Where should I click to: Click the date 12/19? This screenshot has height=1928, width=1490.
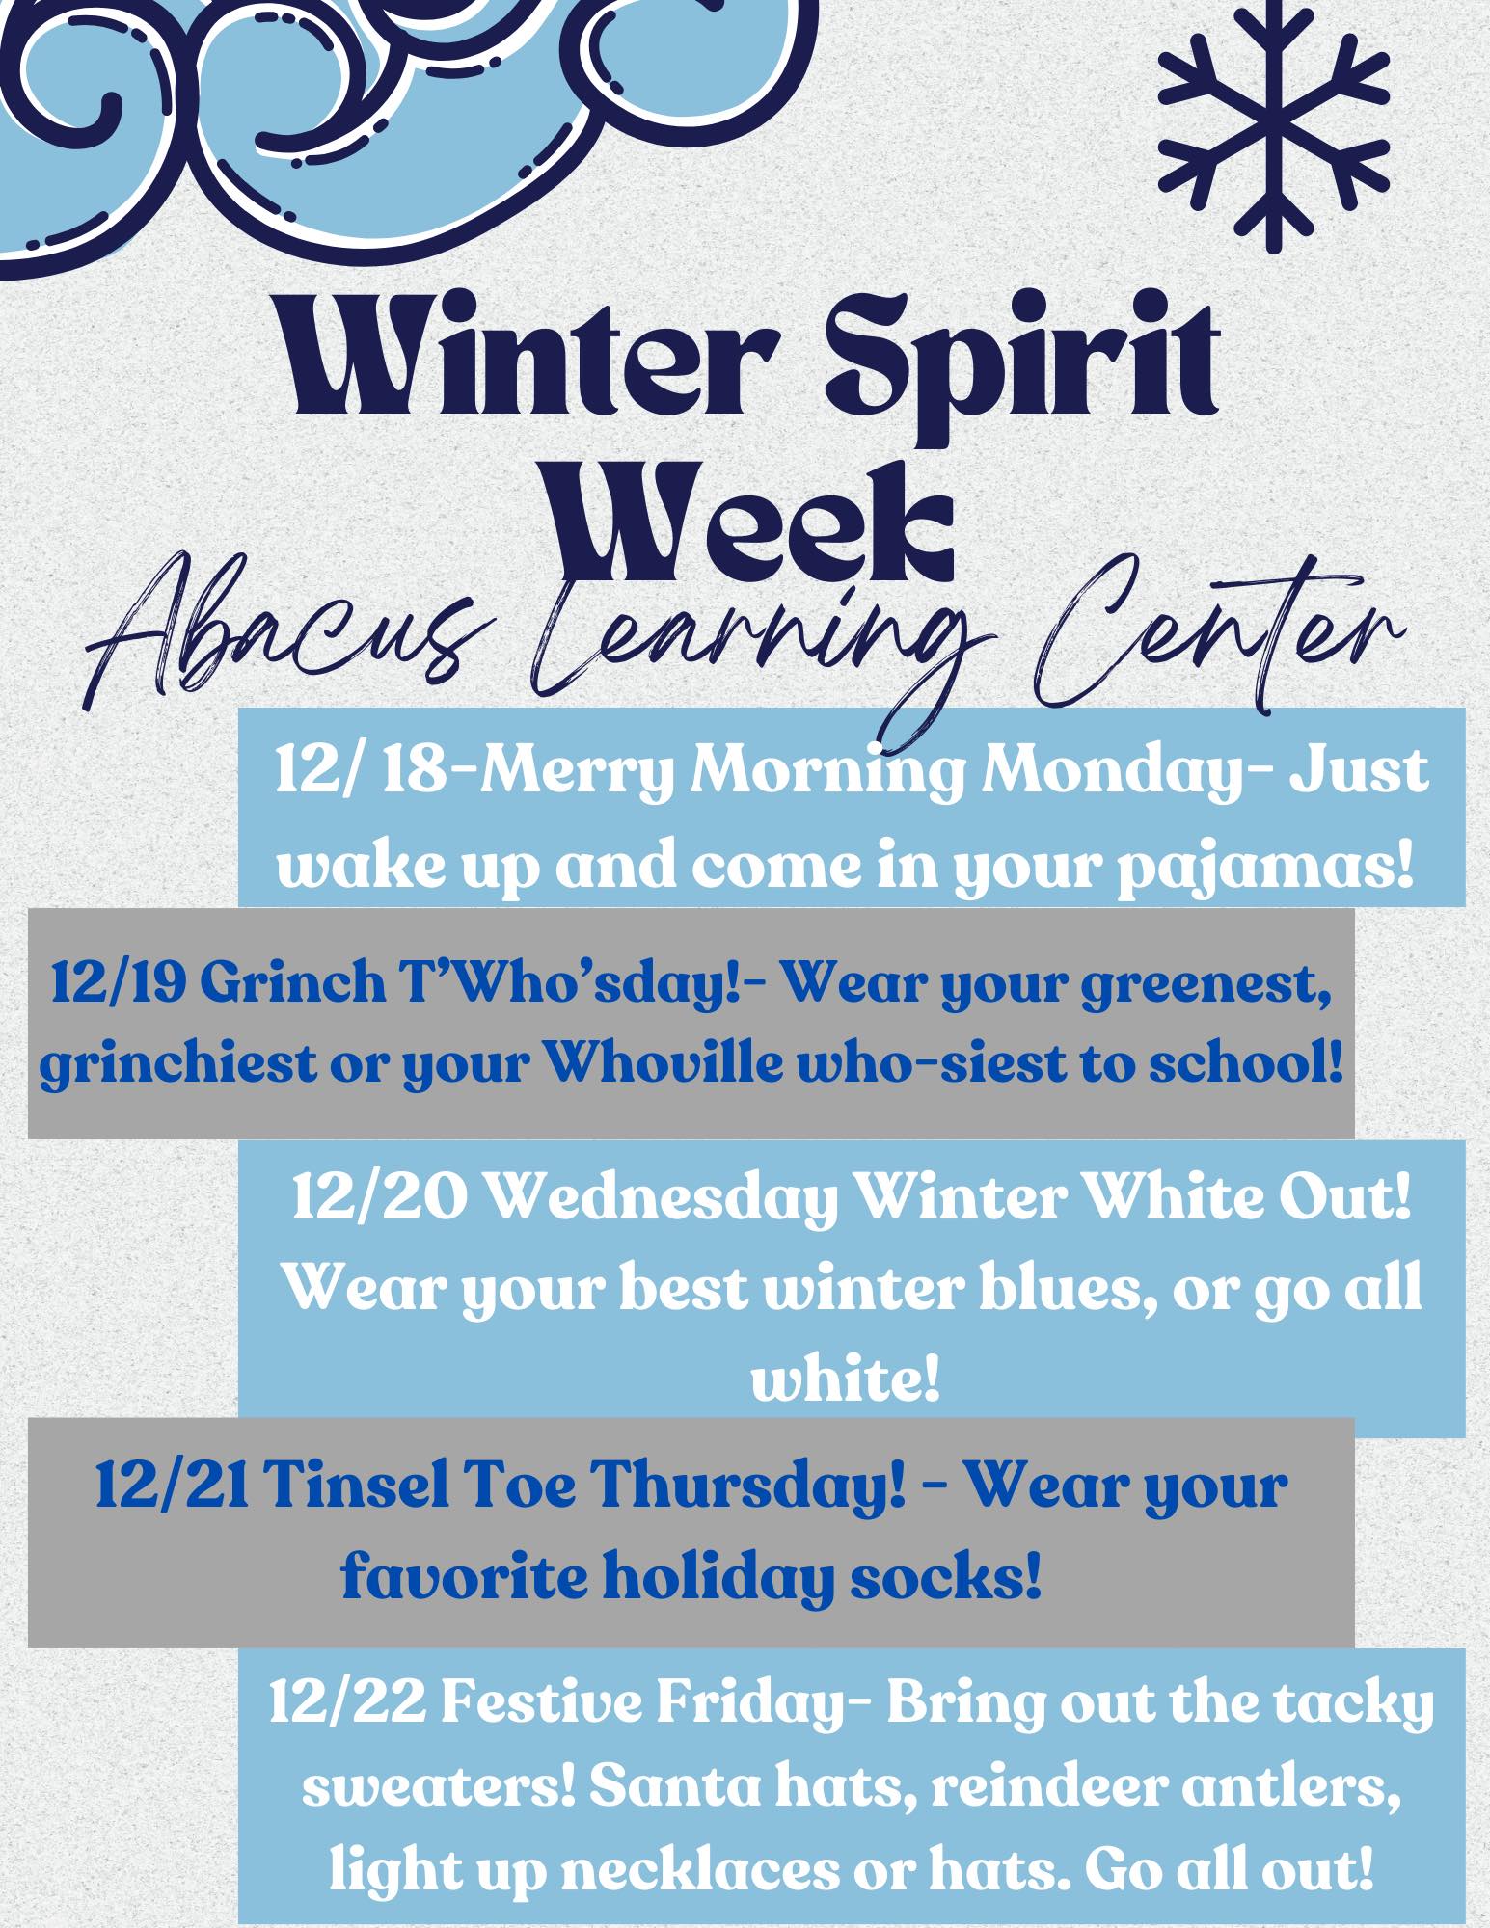click(x=116, y=984)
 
